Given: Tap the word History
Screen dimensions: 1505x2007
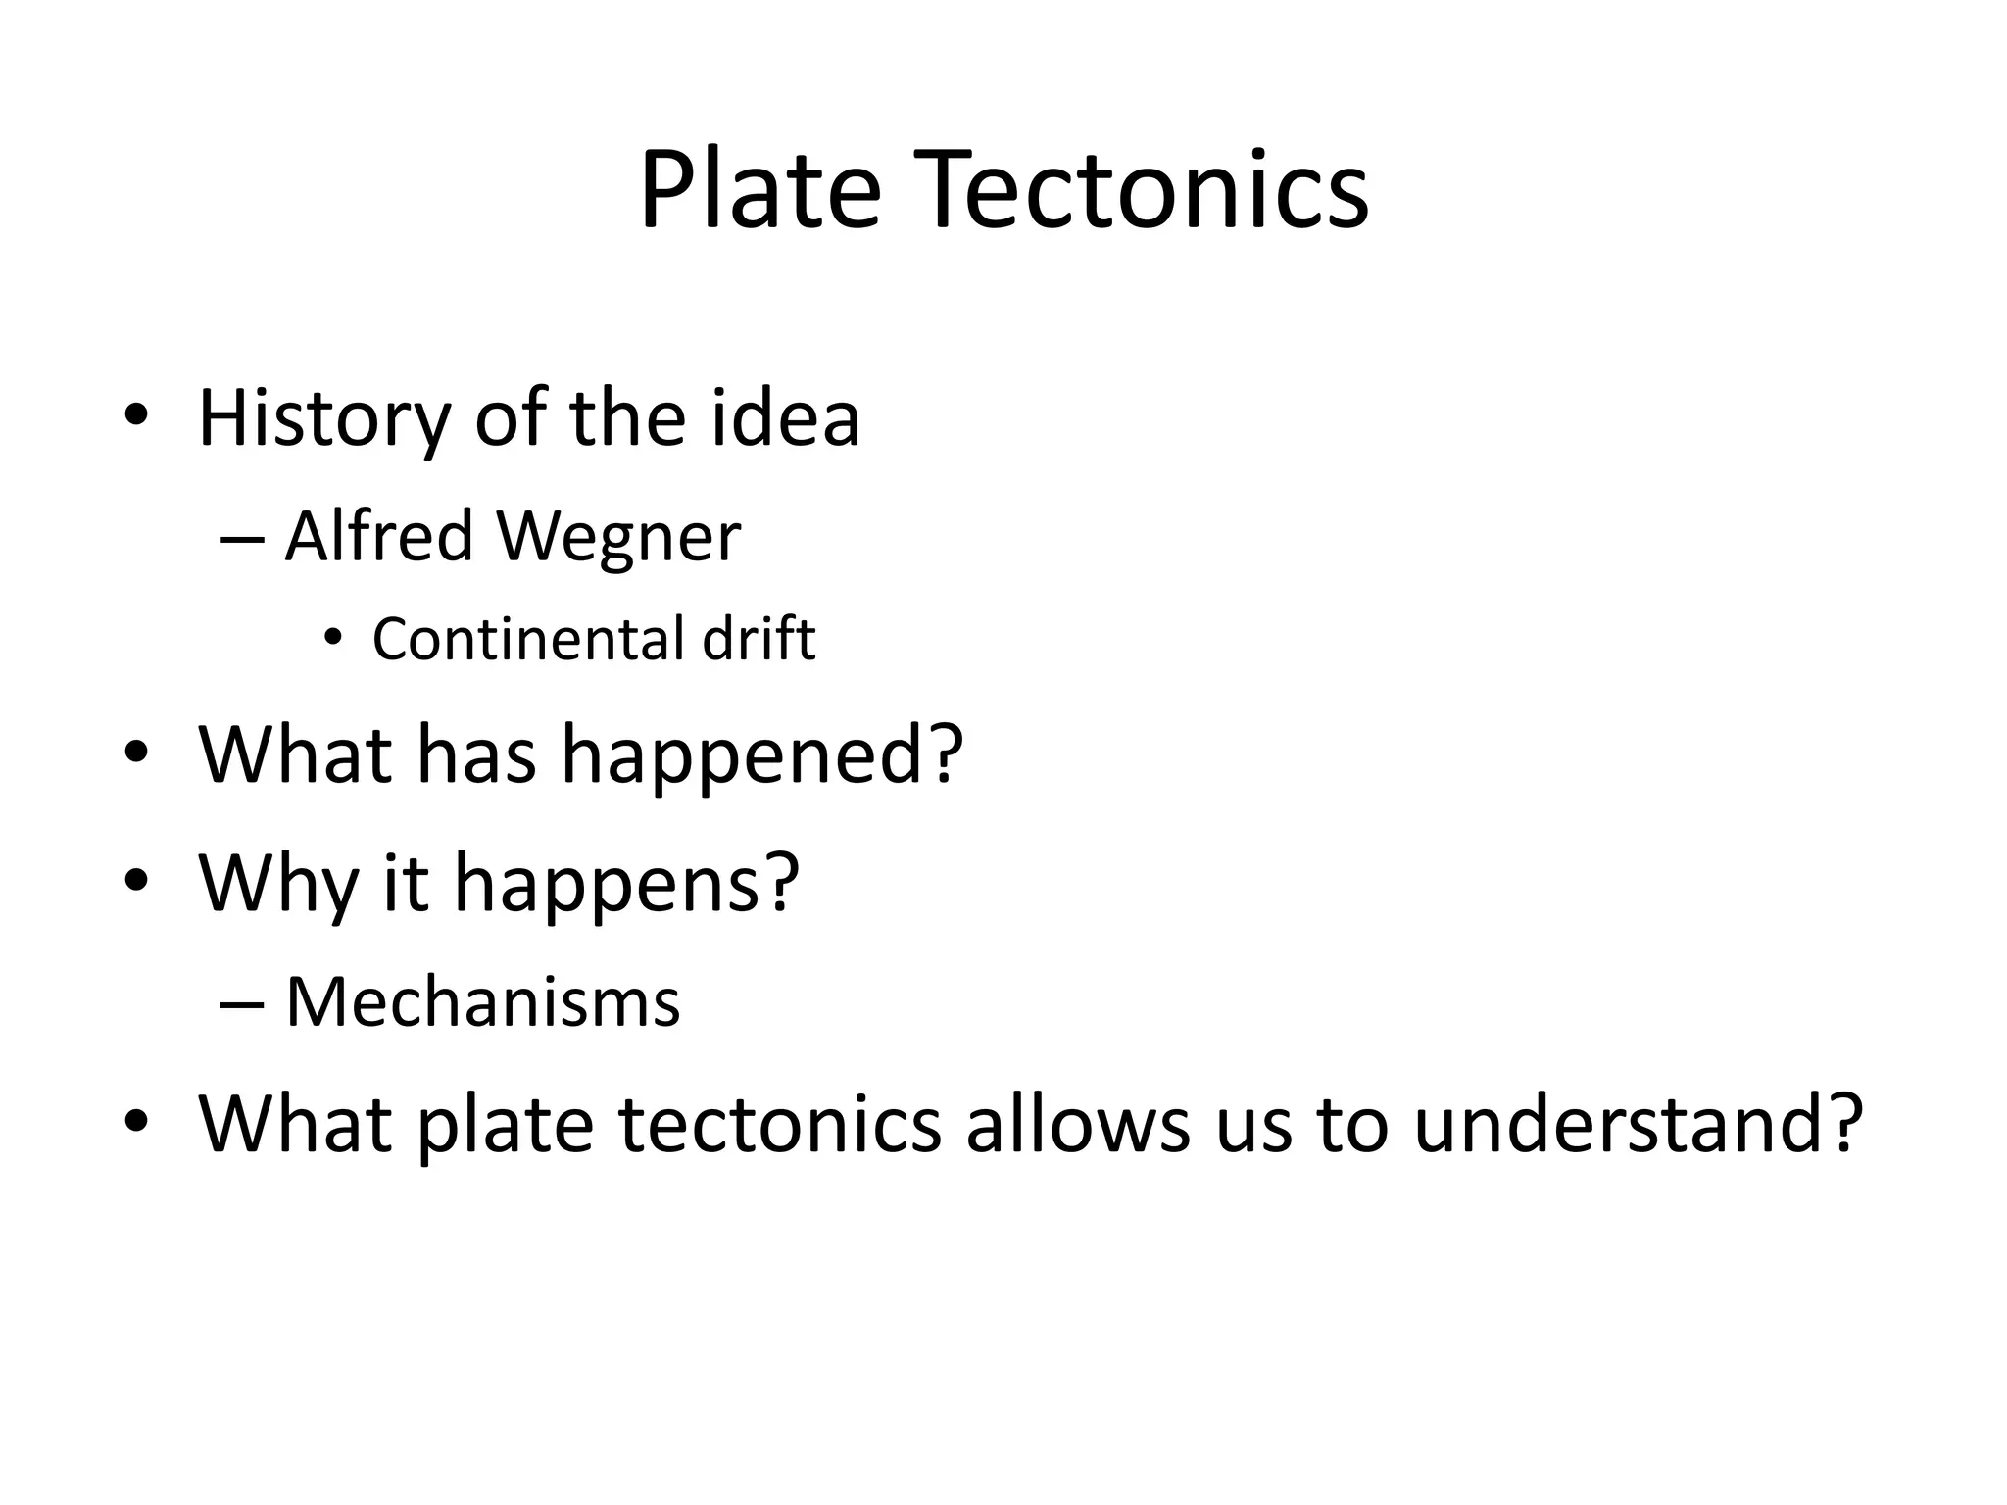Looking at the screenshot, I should pos(324,420).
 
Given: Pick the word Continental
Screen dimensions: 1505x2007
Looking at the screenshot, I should pos(527,640).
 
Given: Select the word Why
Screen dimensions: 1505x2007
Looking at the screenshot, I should pos(277,884).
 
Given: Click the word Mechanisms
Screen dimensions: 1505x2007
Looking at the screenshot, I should pos(482,1002).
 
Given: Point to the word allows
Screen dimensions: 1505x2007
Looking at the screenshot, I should pos(1078,1124).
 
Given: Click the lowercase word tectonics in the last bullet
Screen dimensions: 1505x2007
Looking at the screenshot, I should pos(780,1124).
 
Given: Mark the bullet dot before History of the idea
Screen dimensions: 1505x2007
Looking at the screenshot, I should pos(136,414).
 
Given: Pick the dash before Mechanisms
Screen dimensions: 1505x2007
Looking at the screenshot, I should pos(242,1004).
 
